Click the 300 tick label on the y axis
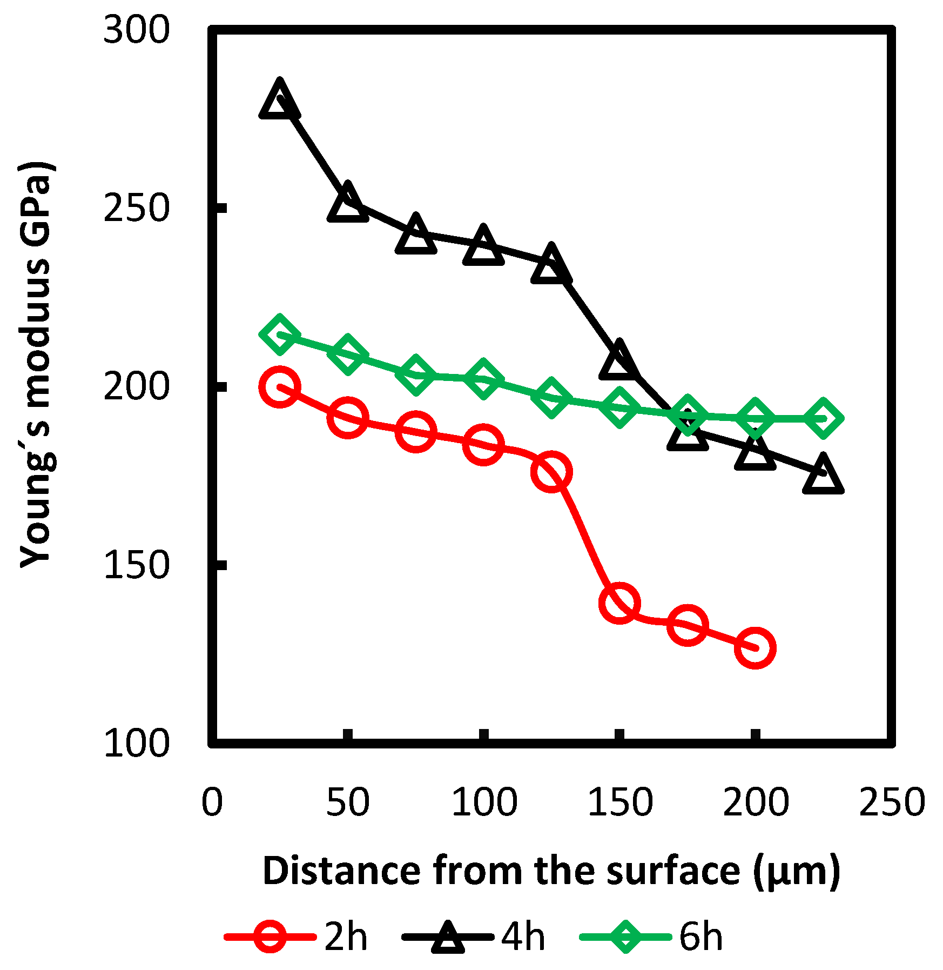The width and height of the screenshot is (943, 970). click(136, 30)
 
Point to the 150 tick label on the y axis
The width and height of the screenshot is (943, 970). click(136, 566)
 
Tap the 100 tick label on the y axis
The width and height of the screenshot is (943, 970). click(136, 744)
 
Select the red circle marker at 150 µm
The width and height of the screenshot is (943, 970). click(619, 603)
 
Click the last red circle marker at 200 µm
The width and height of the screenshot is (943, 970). click(755, 648)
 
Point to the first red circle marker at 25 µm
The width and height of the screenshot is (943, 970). click(279, 386)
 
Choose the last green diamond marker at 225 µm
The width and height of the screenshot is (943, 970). click(823, 418)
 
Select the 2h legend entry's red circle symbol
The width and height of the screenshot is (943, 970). click(270, 936)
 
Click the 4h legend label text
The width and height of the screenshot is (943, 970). click(523, 936)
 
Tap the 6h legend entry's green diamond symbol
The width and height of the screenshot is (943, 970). click(625, 936)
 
